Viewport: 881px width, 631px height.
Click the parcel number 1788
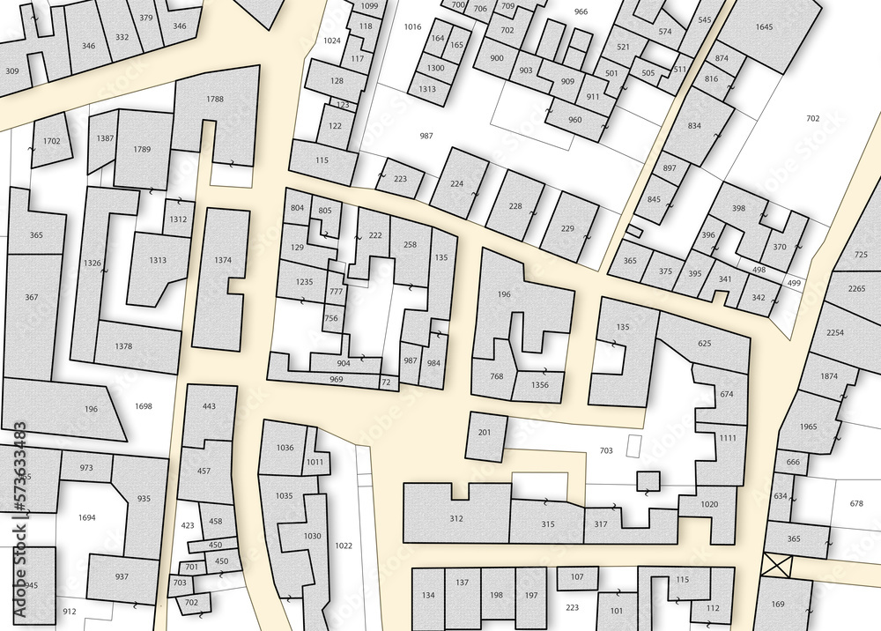coord(215,100)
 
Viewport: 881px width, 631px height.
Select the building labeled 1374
coord(223,261)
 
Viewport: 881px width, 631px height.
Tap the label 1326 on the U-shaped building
coord(92,264)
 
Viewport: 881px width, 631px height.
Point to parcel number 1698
coord(144,406)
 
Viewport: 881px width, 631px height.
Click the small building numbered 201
coord(485,432)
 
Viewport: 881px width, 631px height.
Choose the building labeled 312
coord(456,518)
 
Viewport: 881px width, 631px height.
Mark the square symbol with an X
coord(778,565)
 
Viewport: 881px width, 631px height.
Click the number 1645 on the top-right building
coord(764,27)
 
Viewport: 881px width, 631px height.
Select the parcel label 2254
coord(835,332)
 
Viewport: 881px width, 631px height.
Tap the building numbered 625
coord(704,343)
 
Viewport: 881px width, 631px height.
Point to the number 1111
coord(727,438)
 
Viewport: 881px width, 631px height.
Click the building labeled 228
coord(515,207)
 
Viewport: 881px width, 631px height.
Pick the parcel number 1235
coord(304,282)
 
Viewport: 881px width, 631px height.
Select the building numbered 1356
coord(540,385)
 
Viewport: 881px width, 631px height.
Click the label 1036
coord(285,448)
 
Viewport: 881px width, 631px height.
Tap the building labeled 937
coord(122,576)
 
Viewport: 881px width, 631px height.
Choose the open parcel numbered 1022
coord(344,546)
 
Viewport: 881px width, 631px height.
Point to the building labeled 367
coord(32,298)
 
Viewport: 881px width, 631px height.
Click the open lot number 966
coord(581,11)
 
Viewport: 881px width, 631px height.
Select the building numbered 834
coord(694,126)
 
